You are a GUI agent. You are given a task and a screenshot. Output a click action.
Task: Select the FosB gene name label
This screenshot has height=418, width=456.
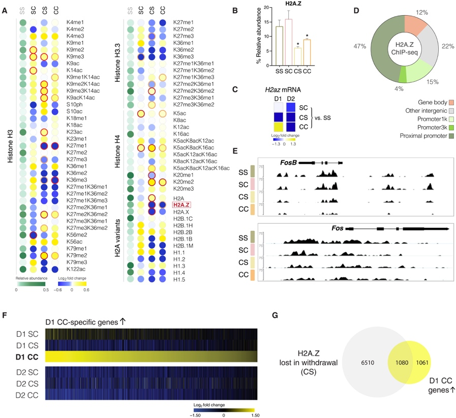[x=288, y=162]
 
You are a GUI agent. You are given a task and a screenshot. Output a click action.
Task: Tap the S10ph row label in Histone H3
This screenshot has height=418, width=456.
[x=75, y=105]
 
